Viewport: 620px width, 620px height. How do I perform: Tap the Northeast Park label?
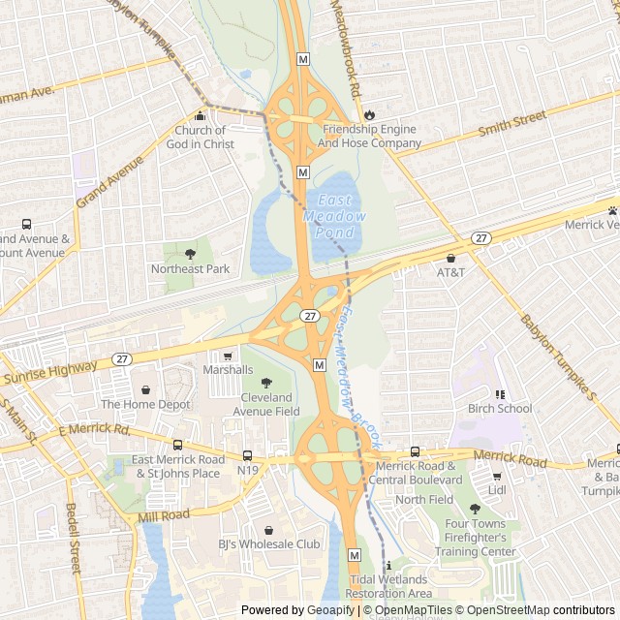[x=190, y=268]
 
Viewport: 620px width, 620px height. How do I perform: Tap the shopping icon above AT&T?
[x=450, y=258]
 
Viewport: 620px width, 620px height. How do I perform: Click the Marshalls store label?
[x=228, y=370]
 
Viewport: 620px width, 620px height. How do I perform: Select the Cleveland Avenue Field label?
[x=266, y=404]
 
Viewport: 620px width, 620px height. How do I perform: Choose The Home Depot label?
[x=145, y=404]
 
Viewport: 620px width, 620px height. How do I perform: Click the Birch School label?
[x=500, y=408]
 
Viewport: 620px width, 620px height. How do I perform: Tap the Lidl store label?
[x=498, y=491]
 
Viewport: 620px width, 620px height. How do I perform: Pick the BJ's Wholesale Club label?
[x=267, y=544]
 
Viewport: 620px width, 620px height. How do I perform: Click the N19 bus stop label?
[x=248, y=471]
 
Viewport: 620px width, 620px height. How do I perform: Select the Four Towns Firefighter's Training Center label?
[x=480, y=538]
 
